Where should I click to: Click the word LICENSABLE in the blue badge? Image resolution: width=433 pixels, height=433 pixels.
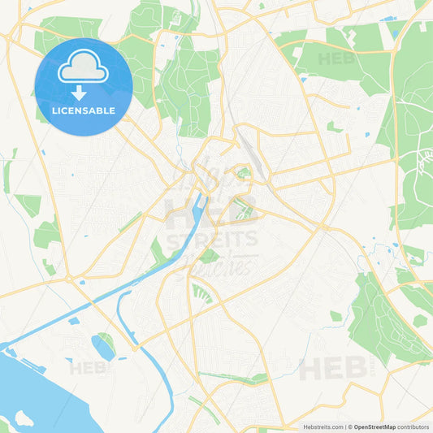pyautogui.click(x=83, y=110)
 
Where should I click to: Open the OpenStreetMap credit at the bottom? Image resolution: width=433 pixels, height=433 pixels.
pyautogui.click(x=375, y=427)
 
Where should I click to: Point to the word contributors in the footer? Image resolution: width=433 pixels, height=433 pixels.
pyautogui.click(x=414, y=427)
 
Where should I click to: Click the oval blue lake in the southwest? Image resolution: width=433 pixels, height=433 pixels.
pyautogui.click(x=103, y=349)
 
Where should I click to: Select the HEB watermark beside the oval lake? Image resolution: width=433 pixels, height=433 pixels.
pyautogui.click(x=88, y=367)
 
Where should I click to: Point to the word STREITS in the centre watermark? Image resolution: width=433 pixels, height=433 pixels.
pyautogui.click(x=211, y=240)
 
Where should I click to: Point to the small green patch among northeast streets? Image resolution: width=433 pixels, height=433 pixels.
pyautogui.click(x=334, y=127)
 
